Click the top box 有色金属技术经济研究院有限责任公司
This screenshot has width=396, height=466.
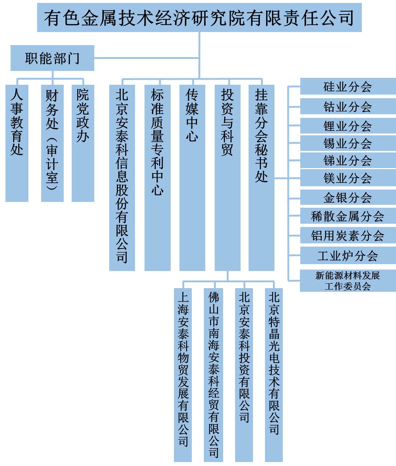click(199, 17)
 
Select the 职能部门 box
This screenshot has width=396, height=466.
click(52, 58)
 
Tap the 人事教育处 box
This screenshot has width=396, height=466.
click(17, 143)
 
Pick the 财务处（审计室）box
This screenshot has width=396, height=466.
click(52, 143)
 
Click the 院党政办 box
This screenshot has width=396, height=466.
click(83, 143)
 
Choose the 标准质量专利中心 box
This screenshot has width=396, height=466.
click(157, 178)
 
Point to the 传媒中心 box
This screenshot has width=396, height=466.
click(193, 178)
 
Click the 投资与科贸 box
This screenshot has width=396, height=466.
click(227, 178)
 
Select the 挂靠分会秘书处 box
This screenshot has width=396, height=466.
click(261, 178)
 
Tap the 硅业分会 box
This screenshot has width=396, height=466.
click(348, 86)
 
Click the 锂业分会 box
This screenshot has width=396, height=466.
click(348, 126)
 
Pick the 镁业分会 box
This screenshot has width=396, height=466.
click(348, 178)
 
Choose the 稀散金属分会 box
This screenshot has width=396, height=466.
click(348, 216)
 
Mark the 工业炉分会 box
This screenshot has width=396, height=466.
click(348, 255)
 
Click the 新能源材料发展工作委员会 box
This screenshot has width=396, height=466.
click(348, 281)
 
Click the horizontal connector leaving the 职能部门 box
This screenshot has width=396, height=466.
click(147, 58)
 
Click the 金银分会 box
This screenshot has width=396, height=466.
click(348, 197)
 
